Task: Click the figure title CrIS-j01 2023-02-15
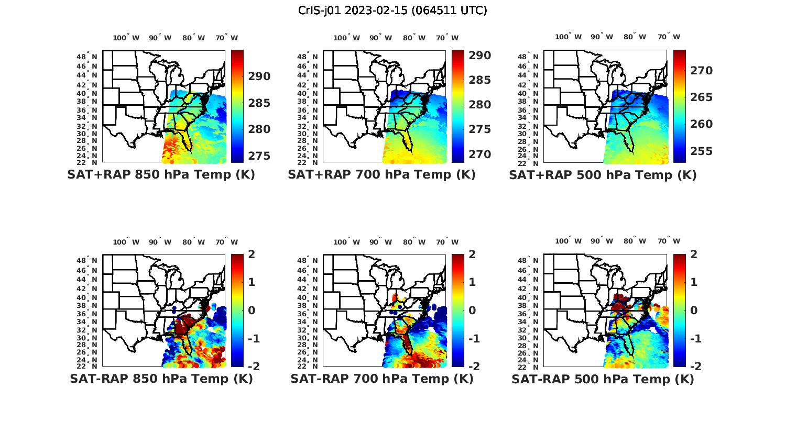(392, 10)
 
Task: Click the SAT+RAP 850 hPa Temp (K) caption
(161, 174)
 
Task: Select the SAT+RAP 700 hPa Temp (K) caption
(381, 174)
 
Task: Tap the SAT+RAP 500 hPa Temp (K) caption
(603, 174)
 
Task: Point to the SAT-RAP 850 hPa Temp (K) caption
(161, 379)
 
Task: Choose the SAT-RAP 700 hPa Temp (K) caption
(382, 379)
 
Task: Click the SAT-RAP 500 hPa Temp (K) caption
(603, 379)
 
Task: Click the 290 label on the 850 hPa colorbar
(259, 76)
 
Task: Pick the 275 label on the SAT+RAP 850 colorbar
(259, 156)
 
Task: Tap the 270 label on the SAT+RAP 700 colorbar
(479, 154)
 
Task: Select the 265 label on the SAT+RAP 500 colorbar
(701, 97)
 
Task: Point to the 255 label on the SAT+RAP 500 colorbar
(701, 151)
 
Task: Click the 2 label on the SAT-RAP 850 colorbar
(252, 254)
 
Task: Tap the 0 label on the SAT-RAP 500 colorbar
(694, 310)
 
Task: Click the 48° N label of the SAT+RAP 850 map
(87, 57)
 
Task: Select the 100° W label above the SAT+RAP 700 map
(346, 38)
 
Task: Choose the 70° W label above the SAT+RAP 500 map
(669, 37)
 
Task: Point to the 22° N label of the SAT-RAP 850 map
(87, 366)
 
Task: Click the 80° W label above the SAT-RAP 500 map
(635, 241)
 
